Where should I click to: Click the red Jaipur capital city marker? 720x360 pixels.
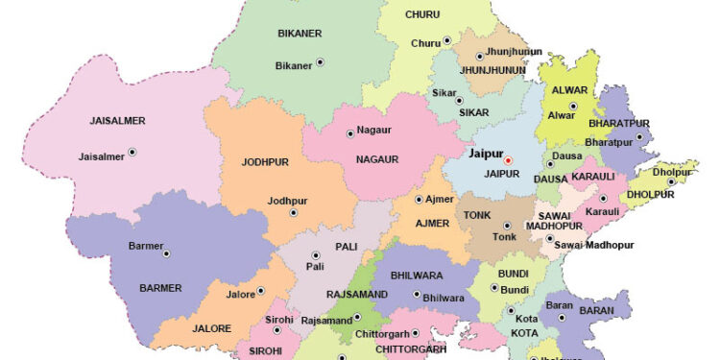(509, 160)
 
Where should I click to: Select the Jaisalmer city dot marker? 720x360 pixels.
(132, 152)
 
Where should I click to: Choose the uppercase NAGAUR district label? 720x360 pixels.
(376, 158)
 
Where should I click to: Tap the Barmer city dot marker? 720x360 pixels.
(166, 253)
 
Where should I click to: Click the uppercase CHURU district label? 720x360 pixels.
(422, 14)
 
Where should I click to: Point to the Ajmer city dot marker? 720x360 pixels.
(419, 200)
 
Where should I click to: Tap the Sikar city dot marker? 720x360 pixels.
(460, 100)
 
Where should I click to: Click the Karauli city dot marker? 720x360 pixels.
(603, 199)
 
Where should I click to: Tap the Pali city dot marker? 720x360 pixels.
(315, 255)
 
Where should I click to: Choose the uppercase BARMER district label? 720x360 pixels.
(160, 287)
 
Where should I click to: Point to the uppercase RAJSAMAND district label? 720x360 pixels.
(358, 294)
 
